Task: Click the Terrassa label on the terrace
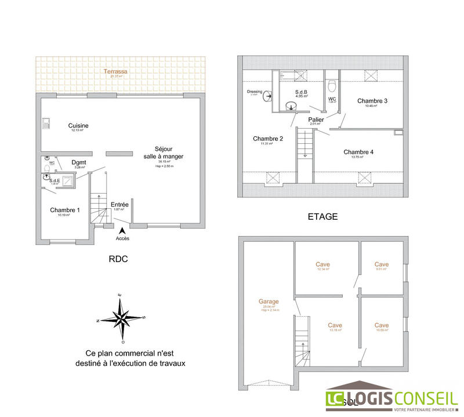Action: click(x=116, y=71)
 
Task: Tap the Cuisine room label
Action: click(x=78, y=126)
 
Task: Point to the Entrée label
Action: click(x=119, y=204)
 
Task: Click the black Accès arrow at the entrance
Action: click(x=122, y=230)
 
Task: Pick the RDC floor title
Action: click(x=118, y=259)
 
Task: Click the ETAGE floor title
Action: click(x=322, y=217)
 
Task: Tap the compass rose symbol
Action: click(x=121, y=317)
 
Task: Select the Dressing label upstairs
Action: click(x=255, y=92)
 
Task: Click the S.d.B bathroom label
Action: click(x=301, y=92)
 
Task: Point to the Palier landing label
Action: click(x=316, y=119)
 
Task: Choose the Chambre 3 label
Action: click(x=372, y=101)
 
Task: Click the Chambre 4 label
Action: click(x=358, y=152)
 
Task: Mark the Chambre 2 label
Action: click(x=268, y=139)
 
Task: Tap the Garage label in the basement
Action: click(x=269, y=302)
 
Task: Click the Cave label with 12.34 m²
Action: click(x=323, y=264)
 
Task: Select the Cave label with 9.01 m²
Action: click(x=382, y=264)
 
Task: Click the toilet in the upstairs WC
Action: click(x=332, y=87)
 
